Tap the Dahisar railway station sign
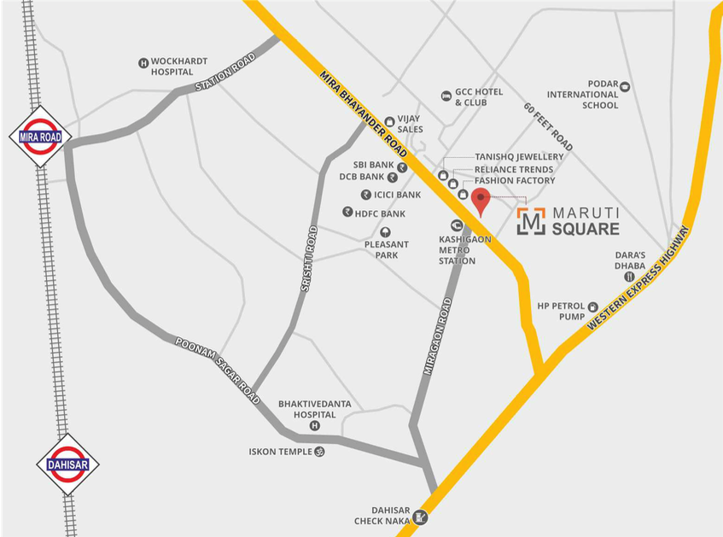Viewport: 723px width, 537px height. [67, 464]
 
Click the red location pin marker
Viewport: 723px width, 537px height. [481, 202]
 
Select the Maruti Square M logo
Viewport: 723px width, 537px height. [531, 221]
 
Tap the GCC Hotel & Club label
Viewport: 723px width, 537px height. [478, 96]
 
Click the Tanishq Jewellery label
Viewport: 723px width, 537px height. [519, 157]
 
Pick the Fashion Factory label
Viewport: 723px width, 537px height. [515, 181]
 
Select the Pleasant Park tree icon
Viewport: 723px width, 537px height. [386, 231]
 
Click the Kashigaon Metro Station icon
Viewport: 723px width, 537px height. [457, 225]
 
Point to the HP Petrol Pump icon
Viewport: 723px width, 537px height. [592, 305]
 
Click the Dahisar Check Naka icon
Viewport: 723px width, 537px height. [419, 518]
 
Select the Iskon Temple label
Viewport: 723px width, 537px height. [281, 451]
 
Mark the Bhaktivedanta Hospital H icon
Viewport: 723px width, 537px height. [314, 426]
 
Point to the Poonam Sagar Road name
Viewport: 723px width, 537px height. [217, 368]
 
